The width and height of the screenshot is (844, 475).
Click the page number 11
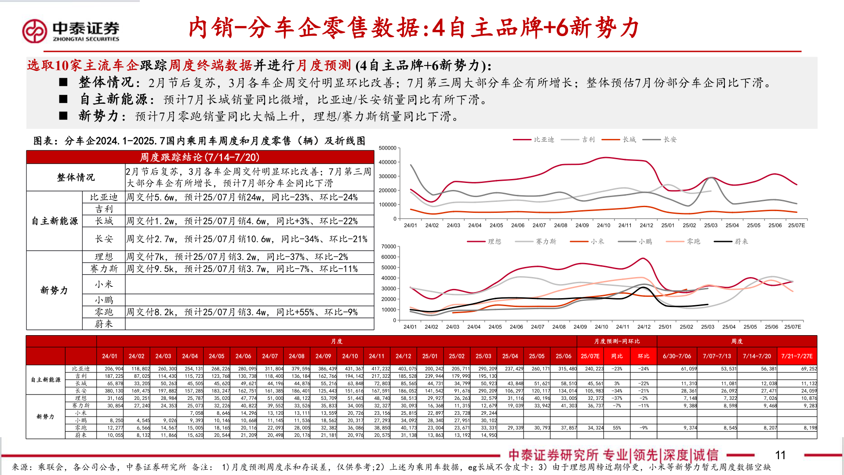[x=780, y=455]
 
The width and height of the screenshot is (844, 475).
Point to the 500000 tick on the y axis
[x=388, y=148]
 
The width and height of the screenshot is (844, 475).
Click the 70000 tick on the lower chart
[x=389, y=247]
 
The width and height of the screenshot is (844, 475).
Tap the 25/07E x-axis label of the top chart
[x=796, y=225]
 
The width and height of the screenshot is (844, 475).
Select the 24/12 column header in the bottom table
[x=403, y=356]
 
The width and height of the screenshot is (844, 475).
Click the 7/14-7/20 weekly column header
[x=757, y=356]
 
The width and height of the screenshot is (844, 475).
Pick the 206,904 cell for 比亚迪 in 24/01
[x=114, y=369]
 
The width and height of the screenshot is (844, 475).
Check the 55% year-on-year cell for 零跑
[x=617, y=428]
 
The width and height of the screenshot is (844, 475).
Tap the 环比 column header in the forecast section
[x=644, y=356]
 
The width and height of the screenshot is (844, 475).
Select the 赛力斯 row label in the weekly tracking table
[x=104, y=269]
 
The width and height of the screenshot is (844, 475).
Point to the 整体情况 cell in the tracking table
[x=76, y=177]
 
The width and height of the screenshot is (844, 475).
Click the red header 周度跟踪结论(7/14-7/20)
[x=200, y=157]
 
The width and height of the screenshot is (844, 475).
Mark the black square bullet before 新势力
[x=63, y=116]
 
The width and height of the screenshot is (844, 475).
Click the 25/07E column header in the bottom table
[x=590, y=356]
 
